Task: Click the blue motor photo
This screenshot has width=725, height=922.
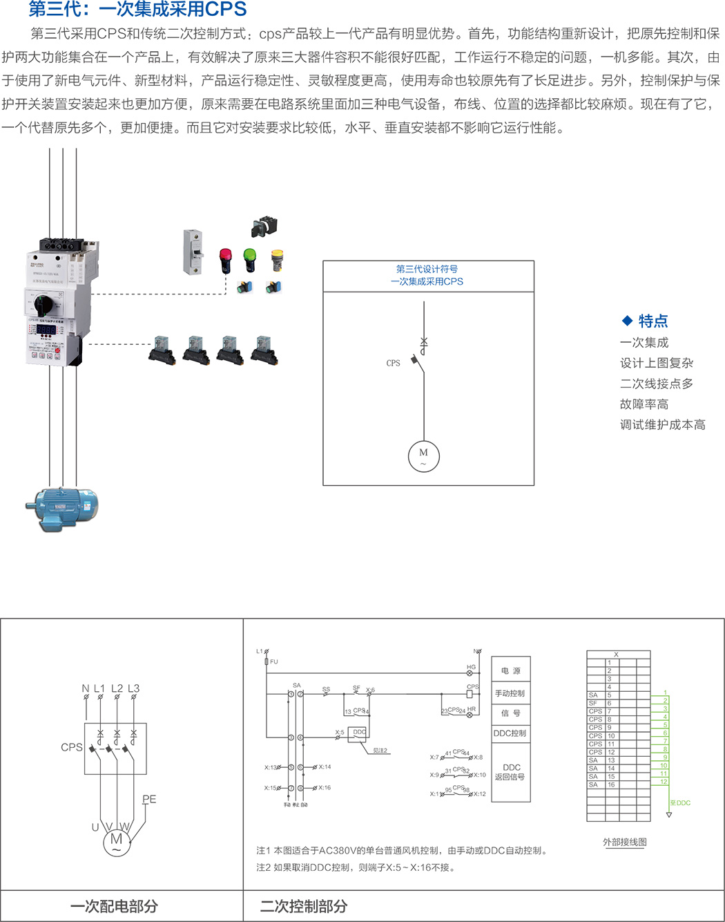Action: [62, 508]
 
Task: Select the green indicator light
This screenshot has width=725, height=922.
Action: [249, 259]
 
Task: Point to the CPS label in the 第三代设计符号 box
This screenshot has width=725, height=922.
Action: [393, 363]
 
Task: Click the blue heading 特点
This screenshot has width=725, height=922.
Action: [652, 321]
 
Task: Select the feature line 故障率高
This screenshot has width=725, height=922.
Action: [644, 404]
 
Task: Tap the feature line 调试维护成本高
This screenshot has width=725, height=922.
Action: [662, 425]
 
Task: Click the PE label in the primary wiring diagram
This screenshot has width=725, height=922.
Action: [149, 800]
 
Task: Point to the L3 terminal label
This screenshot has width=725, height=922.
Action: [133, 688]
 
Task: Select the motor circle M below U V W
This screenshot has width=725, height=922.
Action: [116, 841]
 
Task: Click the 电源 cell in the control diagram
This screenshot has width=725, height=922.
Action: [511, 671]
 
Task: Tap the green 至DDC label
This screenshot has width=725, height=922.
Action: [680, 803]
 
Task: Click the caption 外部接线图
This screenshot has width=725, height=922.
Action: [624, 843]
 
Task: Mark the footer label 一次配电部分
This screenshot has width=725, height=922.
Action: [114, 906]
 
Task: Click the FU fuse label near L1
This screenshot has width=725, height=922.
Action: [274, 662]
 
